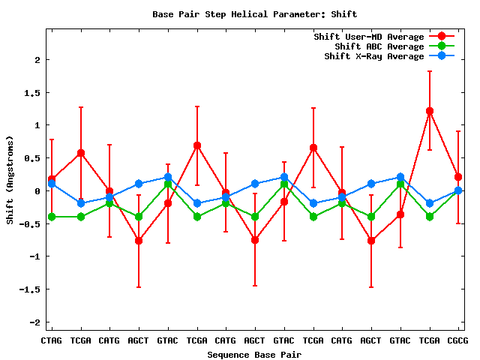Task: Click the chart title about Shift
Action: pos(254,14)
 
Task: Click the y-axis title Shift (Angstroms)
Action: pos(10,180)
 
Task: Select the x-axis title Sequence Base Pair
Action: pos(254,354)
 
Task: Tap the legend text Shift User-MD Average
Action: pos(369,37)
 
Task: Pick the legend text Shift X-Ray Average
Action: pos(374,56)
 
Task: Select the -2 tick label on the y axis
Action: pos(34,322)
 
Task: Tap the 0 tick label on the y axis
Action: pos(37,191)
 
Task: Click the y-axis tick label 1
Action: pos(37,125)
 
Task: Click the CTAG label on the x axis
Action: pos(51,340)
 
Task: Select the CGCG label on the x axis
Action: pos(457,340)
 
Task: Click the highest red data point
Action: pos(430,111)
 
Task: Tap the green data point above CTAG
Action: pos(52,217)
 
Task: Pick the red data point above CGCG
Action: pos(458,177)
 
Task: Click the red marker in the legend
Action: pos(442,37)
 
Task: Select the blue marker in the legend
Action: pos(442,56)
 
